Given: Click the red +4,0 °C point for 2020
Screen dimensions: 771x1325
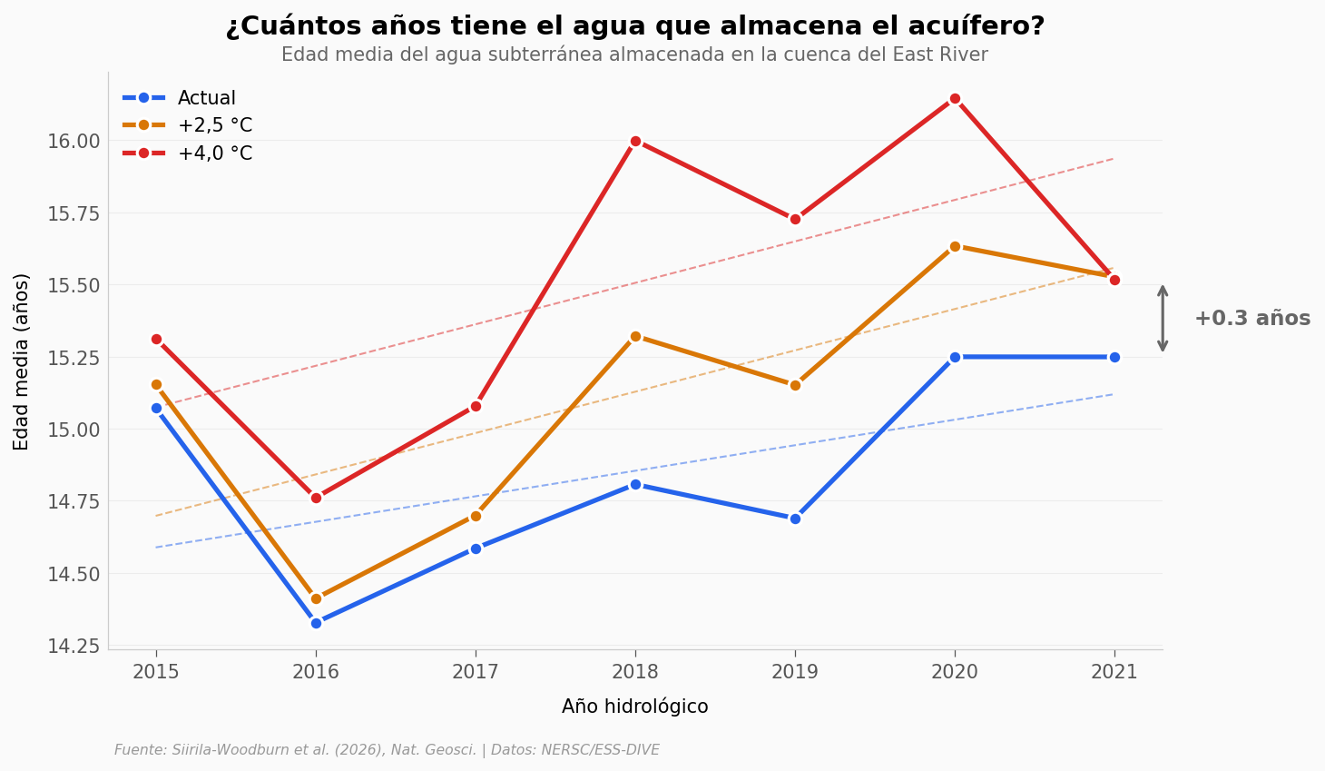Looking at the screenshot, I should pos(955,99).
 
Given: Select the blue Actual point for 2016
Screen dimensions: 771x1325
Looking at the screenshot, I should pos(316,623).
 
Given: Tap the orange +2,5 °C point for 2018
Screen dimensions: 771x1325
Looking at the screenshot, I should pos(635,336).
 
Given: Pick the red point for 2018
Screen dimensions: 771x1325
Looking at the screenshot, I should pos(635,141).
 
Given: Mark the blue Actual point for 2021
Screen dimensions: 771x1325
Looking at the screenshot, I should pos(1114,357).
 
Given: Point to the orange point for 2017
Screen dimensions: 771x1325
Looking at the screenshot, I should pos(476,516).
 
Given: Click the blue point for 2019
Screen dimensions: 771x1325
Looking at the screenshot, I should pos(795,519).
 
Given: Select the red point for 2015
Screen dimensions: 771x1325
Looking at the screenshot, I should pos(156,339).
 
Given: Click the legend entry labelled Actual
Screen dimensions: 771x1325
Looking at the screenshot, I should pos(206,98).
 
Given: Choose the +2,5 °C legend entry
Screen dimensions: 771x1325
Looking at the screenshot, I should pos(214,126).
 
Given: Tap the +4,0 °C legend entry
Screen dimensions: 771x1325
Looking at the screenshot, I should pos(214,154).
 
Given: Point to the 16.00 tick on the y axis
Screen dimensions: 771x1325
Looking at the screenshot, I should pos(74,141).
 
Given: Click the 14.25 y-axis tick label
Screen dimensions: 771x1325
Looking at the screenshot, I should pos(74,646).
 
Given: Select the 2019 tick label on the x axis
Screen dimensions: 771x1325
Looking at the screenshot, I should pos(795,672).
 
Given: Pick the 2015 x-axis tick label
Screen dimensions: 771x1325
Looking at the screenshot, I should pos(156,672).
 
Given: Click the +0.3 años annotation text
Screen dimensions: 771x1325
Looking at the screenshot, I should pos(1251,319).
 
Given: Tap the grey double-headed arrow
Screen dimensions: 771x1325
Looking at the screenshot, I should pos(1163,319).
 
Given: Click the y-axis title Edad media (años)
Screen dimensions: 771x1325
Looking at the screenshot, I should pos(22,361).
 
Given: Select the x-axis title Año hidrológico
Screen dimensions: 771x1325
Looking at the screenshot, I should pos(634,707).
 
